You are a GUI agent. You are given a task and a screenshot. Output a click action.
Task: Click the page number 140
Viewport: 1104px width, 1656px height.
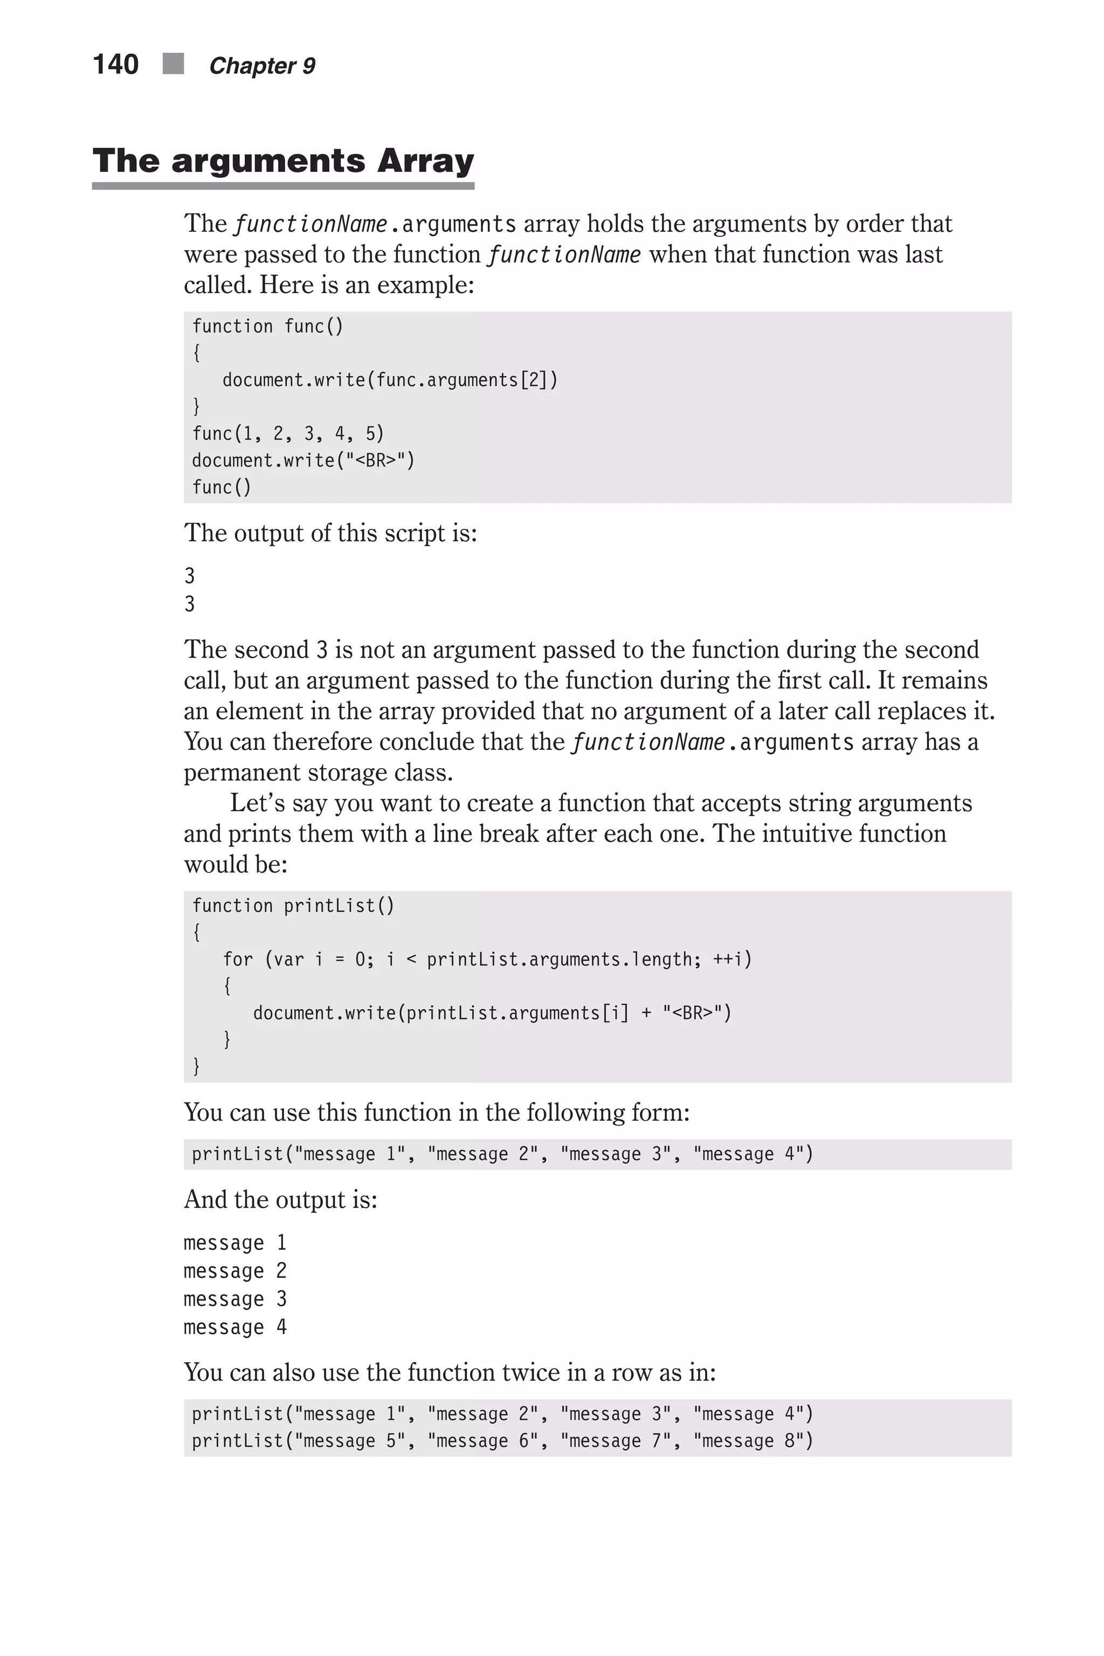tap(115, 65)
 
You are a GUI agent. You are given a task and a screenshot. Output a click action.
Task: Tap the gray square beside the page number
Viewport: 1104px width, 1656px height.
tap(173, 64)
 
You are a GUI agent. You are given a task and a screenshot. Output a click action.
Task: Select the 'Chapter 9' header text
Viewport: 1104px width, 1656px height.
tap(262, 66)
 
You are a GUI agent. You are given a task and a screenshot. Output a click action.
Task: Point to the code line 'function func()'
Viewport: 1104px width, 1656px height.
tap(267, 327)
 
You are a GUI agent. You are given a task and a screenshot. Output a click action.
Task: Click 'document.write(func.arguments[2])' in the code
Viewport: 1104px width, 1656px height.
tap(390, 380)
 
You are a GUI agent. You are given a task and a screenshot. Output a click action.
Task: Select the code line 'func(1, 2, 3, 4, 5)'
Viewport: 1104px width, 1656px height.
tap(288, 434)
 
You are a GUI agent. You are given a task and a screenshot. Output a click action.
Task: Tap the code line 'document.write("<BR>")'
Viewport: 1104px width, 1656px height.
tap(303, 460)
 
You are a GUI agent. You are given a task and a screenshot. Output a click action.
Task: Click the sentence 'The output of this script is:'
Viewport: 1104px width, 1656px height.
tap(330, 533)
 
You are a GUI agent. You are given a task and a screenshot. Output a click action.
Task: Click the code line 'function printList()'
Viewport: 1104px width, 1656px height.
tap(293, 906)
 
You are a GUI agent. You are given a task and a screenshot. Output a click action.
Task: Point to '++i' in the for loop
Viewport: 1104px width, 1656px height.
tap(729, 960)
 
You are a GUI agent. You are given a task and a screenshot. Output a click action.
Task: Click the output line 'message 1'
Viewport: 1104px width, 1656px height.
tap(235, 1243)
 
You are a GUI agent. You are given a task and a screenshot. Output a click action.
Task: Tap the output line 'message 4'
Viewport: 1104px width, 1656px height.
tap(235, 1327)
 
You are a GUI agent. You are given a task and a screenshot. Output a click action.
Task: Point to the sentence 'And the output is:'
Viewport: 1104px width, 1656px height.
tap(280, 1199)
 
